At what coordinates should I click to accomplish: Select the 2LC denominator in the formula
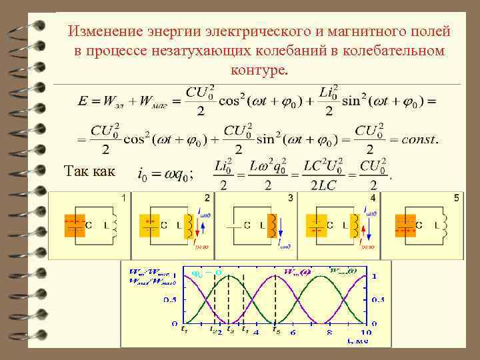coord(323,185)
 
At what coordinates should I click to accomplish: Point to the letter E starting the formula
coord(82,101)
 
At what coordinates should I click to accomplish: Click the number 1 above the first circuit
coord(123,198)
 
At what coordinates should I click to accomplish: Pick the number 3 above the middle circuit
coord(290,198)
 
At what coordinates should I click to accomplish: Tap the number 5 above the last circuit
coord(457,198)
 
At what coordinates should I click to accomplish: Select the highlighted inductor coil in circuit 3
coord(272,225)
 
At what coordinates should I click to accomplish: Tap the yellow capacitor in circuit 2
coord(150,225)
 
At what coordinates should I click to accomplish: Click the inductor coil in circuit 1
coord(115,225)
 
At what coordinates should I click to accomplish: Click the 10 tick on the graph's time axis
coord(366,332)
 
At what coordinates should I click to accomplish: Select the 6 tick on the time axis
coord(292,332)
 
